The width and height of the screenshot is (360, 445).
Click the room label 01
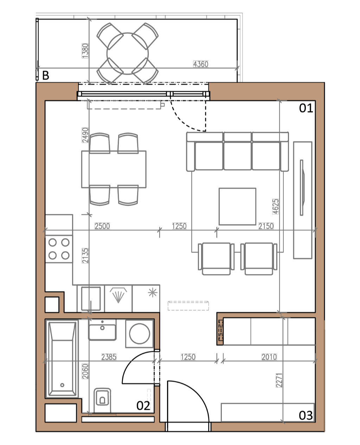(x=306, y=108)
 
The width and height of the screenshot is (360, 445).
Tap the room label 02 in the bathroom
(x=143, y=406)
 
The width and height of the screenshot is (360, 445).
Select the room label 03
(x=306, y=415)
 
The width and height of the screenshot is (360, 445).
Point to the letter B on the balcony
(x=46, y=75)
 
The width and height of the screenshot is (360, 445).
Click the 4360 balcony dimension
(x=201, y=64)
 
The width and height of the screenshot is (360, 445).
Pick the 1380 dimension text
(x=85, y=51)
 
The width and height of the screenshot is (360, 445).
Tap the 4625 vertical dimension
(x=276, y=206)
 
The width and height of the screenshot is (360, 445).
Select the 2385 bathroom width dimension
(x=109, y=357)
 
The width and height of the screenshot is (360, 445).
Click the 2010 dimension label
(x=269, y=357)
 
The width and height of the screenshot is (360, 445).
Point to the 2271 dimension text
(x=279, y=380)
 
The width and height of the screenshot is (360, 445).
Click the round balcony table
(x=128, y=54)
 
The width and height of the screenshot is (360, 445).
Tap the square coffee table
(x=237, y=206)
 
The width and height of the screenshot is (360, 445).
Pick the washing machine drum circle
(x=139, y=334)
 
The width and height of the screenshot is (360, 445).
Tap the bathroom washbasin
(x=102, y=329)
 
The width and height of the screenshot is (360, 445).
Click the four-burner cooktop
(x=59, y=249)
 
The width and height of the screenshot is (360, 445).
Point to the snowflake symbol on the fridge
(x=153, y=292)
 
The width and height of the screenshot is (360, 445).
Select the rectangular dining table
(x=114, y=169)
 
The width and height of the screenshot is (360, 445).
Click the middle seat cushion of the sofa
(x=237, y=156)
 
